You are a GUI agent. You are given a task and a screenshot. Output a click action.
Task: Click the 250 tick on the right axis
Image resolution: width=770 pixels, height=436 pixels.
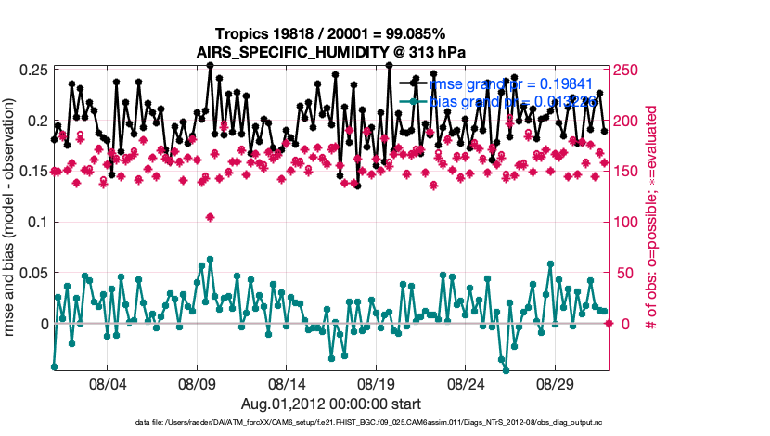(628, 71)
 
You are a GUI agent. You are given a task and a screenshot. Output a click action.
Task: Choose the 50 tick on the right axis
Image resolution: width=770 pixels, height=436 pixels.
(624, 273)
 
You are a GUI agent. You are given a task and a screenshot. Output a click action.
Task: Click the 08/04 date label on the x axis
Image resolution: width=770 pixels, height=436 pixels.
(106, 383)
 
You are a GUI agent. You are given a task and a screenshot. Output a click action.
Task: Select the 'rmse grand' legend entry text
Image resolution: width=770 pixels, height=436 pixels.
(507, 84)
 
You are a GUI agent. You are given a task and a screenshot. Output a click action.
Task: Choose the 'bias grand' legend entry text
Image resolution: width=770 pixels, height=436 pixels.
(507, 101)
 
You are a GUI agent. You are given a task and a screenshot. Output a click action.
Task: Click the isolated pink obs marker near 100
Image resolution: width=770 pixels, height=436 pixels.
(211, 217)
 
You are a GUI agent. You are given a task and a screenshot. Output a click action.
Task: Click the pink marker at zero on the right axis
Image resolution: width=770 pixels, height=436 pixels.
(609, 323)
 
